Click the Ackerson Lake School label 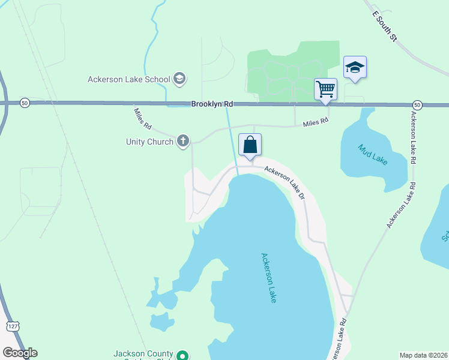pos(128,79)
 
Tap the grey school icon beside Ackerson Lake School pos(179,79)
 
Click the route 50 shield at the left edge pos(24,103)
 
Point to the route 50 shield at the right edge pos(418,105)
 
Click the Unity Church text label pos(149,142)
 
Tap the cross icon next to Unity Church pos(183,142)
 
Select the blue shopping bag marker pos(250,145)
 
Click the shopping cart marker pos(325,89)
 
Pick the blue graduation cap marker pos(355,67)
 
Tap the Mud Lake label pos(373,155)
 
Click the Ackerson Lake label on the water pos(268,277)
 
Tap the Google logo pos(20,353)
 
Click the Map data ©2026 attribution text pos(424,355)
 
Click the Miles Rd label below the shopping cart pos(316,121)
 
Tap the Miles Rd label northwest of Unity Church pos(143,119)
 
